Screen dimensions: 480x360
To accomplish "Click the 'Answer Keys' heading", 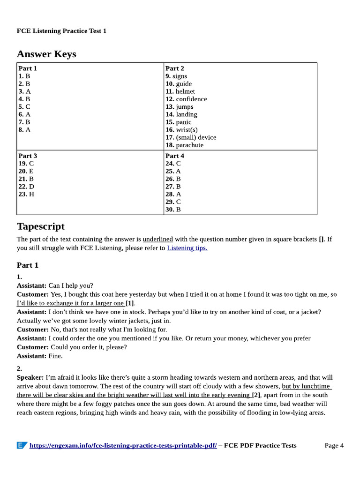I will [46, 54].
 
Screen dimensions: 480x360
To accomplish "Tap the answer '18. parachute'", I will [184, 145].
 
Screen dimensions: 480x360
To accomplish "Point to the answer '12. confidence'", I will [186, 99].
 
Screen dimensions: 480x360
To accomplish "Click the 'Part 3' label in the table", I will [28, 156].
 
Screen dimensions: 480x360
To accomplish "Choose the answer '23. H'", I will [26, 194].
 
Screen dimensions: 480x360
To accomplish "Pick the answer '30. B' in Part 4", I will [173, 210].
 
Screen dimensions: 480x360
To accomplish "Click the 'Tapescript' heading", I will [41, 226].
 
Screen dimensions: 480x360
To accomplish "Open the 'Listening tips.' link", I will [187, 248].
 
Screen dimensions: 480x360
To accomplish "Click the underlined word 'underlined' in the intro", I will [157, 239].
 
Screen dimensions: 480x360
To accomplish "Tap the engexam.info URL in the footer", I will [123, 445].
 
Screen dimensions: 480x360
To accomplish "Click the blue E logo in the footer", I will [22, 445].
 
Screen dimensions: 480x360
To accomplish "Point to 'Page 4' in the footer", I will [334, 445].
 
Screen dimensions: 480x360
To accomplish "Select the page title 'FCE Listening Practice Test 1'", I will [62, 31].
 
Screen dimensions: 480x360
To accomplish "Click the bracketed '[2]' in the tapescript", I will [256, 395].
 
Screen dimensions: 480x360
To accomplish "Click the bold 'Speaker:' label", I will [30, 377].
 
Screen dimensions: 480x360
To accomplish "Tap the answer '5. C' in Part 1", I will [24, 107].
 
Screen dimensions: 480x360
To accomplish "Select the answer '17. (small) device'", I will [191, 137].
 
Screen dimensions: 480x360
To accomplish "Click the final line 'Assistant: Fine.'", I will [39, 356].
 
